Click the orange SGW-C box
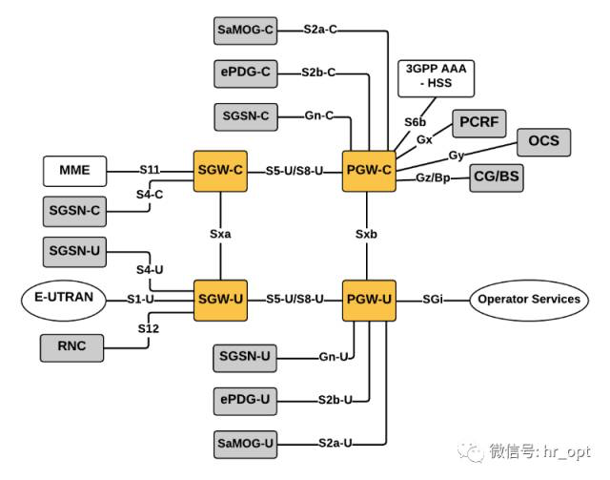[x=221, y=172]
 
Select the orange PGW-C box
[x=368, y=172]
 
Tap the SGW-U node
[x=221, y=300]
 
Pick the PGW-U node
[x=368, y=300]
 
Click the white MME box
[x=74, y=172]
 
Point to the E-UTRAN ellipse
[x=64, y=298]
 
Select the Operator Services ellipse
[x=528, y=300]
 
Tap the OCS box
[x=543, y=143]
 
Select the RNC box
[x=71, y=347]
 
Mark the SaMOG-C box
[x=245, y=31]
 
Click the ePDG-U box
[x=245, y=399]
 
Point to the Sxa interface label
[x=221, y=233]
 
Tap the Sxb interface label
[x=368, y=233]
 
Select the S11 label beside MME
[x=150, y=171]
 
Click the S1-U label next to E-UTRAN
[x=141, y=299]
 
